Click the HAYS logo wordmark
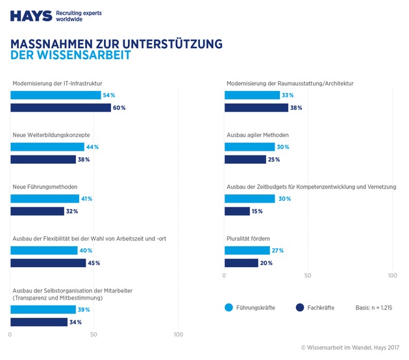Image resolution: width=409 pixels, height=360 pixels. click(31, 16)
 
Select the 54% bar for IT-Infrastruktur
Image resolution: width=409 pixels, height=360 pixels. click(55, 95)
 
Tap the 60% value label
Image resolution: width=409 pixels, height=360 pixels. click(119, 108)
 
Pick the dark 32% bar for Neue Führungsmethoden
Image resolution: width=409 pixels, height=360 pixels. click(37, 211)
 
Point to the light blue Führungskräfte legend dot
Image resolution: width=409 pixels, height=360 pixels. click(229, 307)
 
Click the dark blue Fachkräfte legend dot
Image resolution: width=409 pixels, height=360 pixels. click(300, 307)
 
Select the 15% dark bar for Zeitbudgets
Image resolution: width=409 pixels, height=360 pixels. click(237, 211)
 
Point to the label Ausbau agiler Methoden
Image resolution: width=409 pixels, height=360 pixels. click(257, 135)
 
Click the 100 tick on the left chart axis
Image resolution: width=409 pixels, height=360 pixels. click(178, 335)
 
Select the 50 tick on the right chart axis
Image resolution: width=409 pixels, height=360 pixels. click(308, 276)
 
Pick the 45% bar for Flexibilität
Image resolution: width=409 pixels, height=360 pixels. click(48, 263)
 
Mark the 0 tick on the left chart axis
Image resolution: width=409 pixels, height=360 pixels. click(10, 335)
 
